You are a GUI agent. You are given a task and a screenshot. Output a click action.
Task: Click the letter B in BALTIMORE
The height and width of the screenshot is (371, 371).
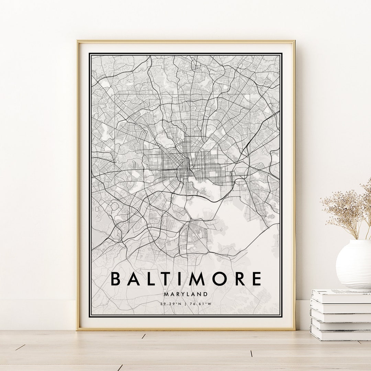[116, 279]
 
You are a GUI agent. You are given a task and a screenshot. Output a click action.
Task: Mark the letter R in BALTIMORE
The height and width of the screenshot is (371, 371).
[239, 279]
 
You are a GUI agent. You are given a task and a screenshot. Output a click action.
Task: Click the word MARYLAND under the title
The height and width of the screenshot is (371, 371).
[185, 294]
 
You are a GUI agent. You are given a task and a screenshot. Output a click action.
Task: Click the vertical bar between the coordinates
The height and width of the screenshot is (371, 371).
[185, 304]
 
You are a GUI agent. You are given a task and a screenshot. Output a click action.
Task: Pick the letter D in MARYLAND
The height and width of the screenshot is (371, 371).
[205, 294]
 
